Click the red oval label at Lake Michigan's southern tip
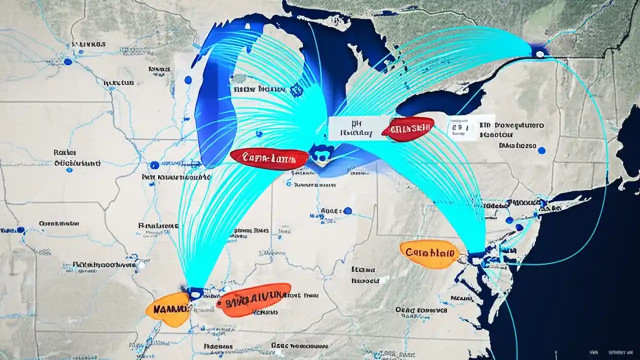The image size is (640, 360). point(269,158)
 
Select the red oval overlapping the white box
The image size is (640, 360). point(407,128)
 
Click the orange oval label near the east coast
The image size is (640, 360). point(429,254)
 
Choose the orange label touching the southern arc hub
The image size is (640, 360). point(168,309)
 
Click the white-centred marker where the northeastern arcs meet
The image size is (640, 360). point(539,51)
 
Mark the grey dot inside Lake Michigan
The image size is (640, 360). point(240,78)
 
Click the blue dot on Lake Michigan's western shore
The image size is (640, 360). point(188,80)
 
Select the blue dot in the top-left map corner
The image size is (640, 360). point(68,61)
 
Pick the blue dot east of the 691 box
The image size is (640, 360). point(541,150)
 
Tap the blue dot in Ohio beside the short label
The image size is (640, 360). point(347,210)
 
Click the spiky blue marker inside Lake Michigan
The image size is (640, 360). point(296,89)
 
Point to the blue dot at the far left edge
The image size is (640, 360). point(20,230)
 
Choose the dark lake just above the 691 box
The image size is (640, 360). point(440,102)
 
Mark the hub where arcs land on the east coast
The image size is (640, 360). point(477,256)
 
